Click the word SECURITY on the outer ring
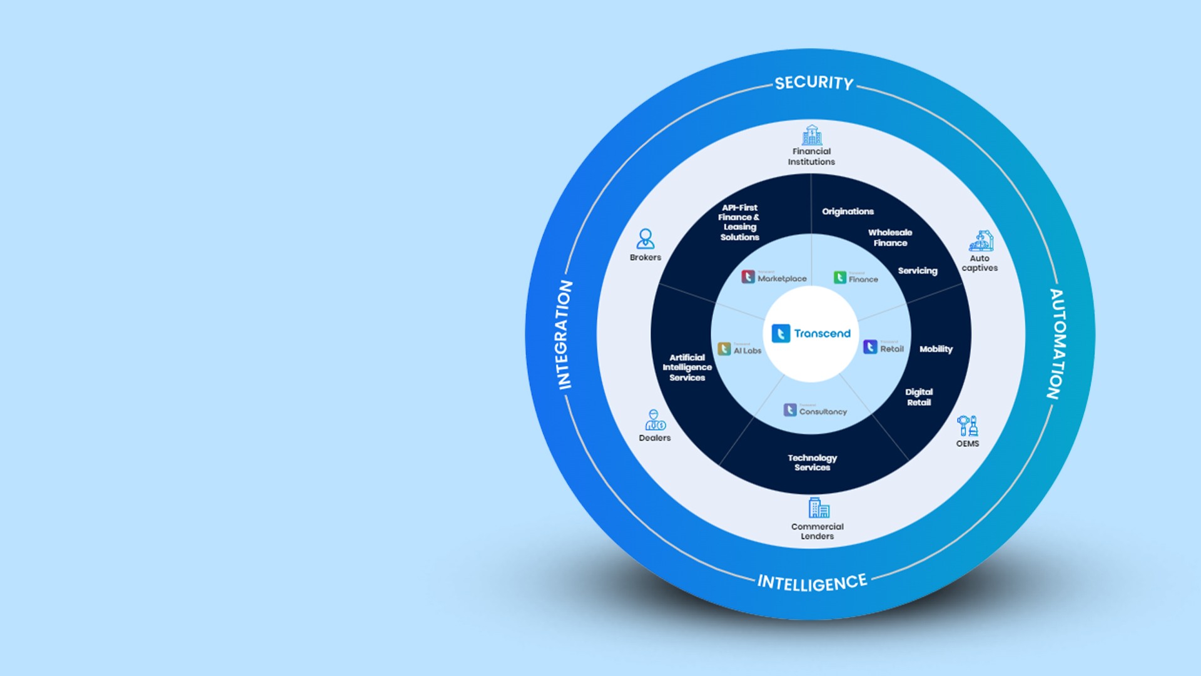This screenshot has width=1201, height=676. [814, 83]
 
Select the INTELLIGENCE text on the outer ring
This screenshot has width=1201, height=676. [812, 583]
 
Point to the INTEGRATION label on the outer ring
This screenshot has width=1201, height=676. [565, 335]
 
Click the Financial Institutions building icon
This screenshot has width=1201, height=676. [811, 135]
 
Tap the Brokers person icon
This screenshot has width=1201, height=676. [645, 239]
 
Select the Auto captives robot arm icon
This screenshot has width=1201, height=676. [981, 240]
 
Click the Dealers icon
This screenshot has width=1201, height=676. [654, 420]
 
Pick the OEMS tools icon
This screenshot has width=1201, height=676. [967, 426]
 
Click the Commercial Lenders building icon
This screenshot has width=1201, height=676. [818, 508]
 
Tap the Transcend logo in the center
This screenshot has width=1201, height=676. [811, 334]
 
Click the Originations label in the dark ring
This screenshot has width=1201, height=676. [848, 212]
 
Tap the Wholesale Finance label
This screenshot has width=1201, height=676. [890, 238]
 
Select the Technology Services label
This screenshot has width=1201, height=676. [812, 463]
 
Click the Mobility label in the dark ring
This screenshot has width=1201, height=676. [936, 349]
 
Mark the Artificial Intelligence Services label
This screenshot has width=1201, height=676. [687, 367]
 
